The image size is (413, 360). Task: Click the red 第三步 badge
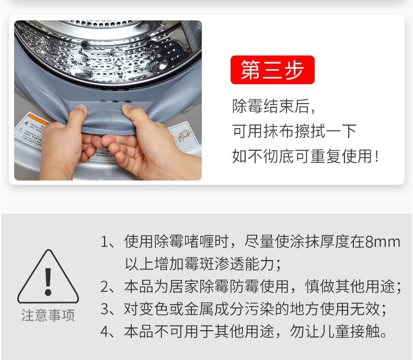click(x=272, y=70)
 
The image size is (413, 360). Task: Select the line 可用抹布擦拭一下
click(x=294, y=131)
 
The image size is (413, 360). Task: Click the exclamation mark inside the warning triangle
click(x=48, y=282)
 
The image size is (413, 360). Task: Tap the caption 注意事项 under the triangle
click(x=48, y=315)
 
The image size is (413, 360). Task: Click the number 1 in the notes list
click(x=104, y=242)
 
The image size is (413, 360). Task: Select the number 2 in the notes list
click(x=104, y=287)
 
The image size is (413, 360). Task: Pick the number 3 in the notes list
click(x=104, y=309)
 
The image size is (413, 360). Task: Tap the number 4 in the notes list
click(x=104, y=332)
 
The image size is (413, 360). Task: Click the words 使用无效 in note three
click(x=349, y=309)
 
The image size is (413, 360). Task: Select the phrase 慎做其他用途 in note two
click(x=350, y=286)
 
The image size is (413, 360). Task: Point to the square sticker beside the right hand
click(x=184, y=136)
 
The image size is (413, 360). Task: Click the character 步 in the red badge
click(x=294, y=70)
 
